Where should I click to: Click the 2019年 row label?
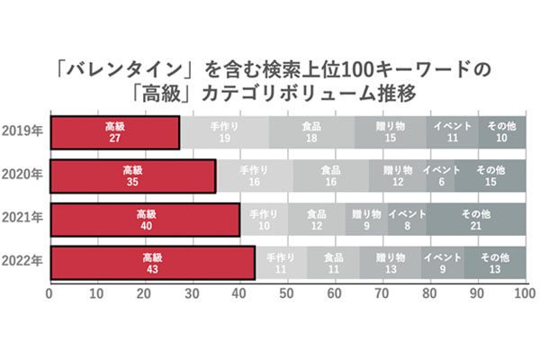click(23, 132)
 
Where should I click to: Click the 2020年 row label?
click(23, 175)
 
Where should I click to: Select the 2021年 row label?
click(23, 219)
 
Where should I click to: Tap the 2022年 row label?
click(23, 262)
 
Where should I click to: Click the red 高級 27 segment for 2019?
click(114, 132)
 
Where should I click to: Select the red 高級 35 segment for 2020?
click(132, 175)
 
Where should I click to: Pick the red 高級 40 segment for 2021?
click(145, 219)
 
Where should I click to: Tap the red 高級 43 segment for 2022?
click(152, 262)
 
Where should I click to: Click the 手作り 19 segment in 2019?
click(224, 132)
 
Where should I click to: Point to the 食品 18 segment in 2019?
click(311, 132)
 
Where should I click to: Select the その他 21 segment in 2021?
click(475, 219)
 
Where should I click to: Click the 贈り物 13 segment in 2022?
click(390, 262)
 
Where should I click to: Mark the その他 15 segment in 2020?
click(489, 175)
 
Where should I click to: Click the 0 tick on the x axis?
click(50, 293)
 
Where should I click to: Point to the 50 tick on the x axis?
click(287, 293)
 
